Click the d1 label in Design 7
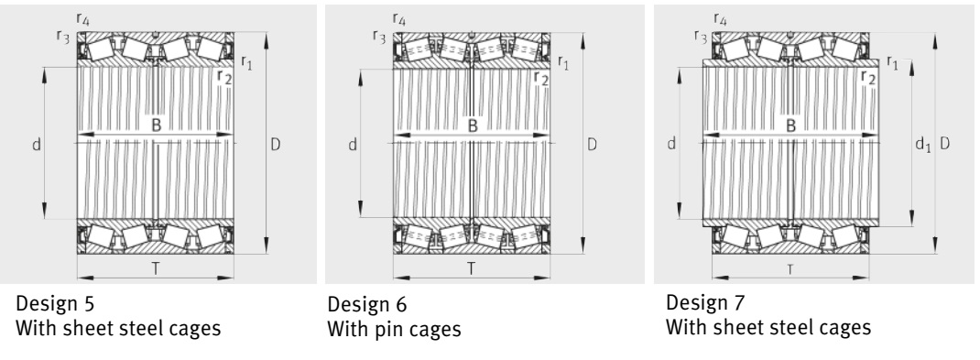922,145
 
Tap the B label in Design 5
157,125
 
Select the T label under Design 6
472,268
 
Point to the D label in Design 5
275,145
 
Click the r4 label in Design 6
398,18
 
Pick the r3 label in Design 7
701,36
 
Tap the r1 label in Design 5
246,61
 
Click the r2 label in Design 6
541,79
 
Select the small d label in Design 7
671,144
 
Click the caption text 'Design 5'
55,304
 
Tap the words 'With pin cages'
394,329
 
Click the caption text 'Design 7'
705,302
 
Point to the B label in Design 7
790,125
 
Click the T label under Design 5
156,268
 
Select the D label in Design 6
592,145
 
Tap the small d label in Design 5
37,145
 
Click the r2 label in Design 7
868,76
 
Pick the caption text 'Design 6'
367,304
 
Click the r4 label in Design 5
82,18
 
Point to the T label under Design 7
790,269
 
